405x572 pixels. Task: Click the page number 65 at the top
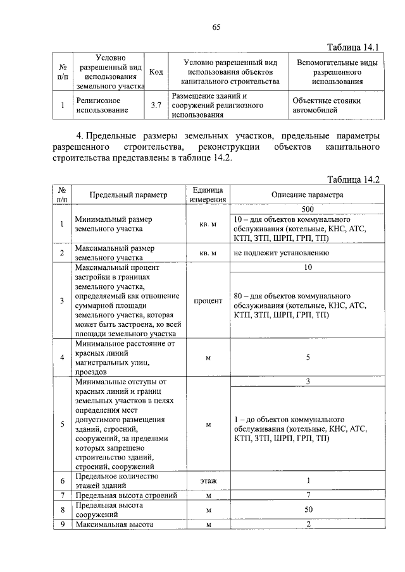(x=216, y=27)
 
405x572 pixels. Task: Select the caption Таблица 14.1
(x=352, y=48)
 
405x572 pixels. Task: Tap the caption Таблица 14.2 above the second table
(x=352, y=180)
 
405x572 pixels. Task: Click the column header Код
(x=156, y=73)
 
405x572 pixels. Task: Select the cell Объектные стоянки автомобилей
(x=327, y=106)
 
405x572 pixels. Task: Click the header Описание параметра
(x=308, y=195)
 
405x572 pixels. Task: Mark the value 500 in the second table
(x=308, y=209)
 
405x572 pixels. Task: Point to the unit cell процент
(x=208, y=301)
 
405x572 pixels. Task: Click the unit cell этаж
(x=208, y=481)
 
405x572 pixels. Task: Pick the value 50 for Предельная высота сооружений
(x=308, y=509)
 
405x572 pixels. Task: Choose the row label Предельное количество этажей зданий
(x=116, y=481)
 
